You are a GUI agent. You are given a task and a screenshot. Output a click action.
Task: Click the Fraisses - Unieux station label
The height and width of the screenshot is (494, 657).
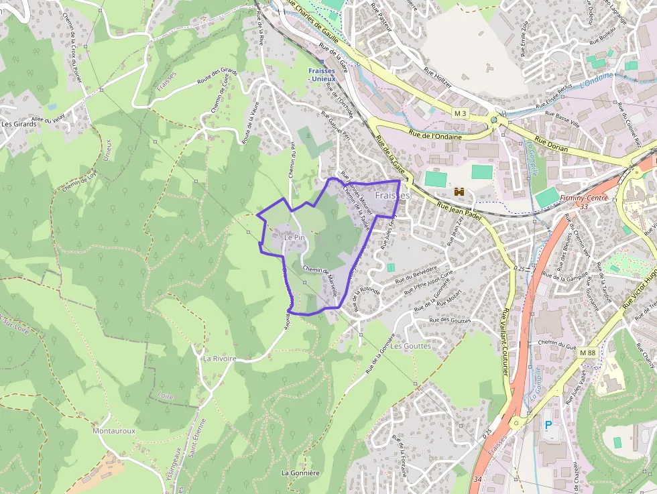click(324, 74)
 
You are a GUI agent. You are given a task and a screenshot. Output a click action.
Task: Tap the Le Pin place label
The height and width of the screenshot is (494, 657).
click(294, 237)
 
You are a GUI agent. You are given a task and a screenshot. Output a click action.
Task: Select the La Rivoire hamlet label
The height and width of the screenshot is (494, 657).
click(219, 359)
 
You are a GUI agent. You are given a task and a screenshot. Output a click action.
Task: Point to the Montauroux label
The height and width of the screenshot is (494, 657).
click(114, 431)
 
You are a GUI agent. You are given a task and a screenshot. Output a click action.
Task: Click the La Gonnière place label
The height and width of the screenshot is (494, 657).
click(300, 473)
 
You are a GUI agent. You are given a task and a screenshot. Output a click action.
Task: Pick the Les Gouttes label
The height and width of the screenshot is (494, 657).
click(410, 346)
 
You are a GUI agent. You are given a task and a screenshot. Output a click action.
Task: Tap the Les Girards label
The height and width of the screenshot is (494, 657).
click(18, 123)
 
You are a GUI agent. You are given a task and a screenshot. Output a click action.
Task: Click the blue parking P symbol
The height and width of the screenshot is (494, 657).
click(548, 425)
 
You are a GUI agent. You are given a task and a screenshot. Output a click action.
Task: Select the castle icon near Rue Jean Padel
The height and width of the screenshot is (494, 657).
click(459, 192)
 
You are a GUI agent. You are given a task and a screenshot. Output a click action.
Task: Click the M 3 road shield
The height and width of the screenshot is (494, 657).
click(459, 113)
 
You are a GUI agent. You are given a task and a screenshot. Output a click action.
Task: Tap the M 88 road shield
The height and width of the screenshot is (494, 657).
click(588, 353)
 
